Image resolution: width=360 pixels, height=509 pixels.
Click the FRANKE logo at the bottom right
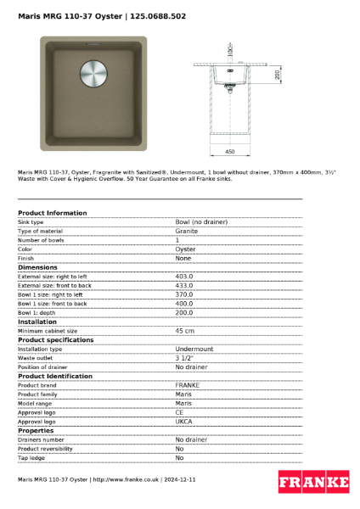pos(313,482)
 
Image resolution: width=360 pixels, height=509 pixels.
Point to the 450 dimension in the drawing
pos(229,151)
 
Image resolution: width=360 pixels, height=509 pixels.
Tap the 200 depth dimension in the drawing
pos(278,75)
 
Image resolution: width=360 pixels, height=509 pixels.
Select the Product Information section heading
pos(52,212)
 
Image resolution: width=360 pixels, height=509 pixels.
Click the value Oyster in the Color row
pos(185,249)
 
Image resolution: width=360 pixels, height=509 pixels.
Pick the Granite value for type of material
pos(187,231)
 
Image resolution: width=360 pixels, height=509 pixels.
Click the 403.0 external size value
pos(184,277)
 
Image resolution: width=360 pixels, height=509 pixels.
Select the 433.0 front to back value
pos(184,286)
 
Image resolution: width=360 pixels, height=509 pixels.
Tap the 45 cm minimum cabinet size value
pos(184,331)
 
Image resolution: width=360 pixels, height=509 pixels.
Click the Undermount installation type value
pos(194,349)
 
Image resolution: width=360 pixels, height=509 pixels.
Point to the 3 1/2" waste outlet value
pos(183,358)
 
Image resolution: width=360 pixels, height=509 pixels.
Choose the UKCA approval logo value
pos(185,421)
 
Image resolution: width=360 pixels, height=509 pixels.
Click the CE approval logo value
pos(180,412)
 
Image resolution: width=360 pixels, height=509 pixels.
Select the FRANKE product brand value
pos(187,385)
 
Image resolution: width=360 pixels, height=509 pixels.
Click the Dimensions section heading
pos(38,267)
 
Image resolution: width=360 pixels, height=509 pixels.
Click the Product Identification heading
pos(55,376)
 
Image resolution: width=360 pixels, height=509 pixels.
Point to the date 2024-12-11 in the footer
pos(180,480)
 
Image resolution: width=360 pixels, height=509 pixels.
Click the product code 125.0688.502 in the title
pos(158,16)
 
